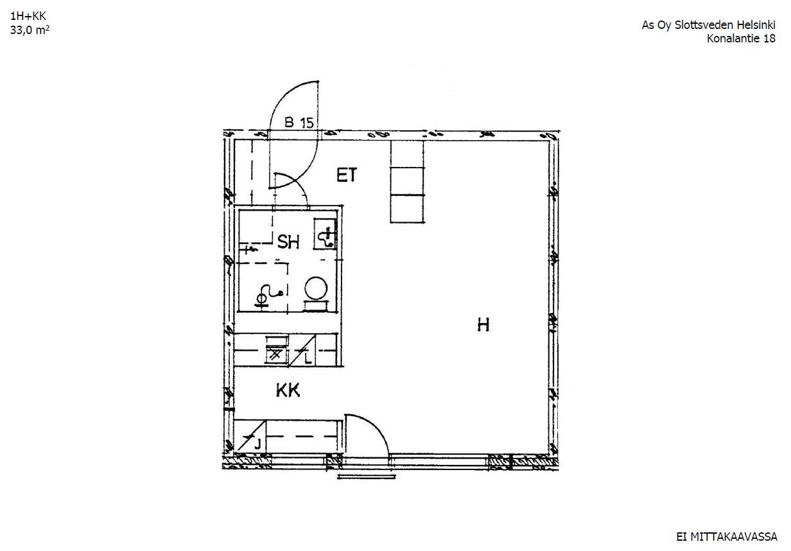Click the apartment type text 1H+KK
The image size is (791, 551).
pyautogui.click(x=28, y=16)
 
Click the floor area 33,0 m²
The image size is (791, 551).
pyautogui.click(x=30, y=30)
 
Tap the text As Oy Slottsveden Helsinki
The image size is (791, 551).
pyautogui.click(x=708, y=25)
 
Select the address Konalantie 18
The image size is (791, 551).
pyautogui.click(x=741, y=38)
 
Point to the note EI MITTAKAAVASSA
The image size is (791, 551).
pyautogui.click(x=727, y=536)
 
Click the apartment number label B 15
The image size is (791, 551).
pyautogui.click(x=299, y=123)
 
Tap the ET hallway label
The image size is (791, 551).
pyautogui.click(x=347, y=175)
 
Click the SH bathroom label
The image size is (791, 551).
pyautogui.click(x=288, y=242)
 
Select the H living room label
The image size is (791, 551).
pyautogui.click(x=483, y=325)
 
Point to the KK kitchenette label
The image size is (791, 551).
pyautogui.click(x=288, y=391)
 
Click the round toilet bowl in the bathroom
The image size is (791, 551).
pyautogui.click(x=316, y=288)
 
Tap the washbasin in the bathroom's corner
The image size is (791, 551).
pyautogui.click(x=326, y=234)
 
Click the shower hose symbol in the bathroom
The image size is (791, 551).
pyautogui.click(x=268, y=294)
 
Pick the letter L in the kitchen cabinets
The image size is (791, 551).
pyautogui.click(x=308, y=358)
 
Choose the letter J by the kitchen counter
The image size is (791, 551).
pyautogui.click(x=257, y=444)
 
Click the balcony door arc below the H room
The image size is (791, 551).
pyautogui.click(x=375, y=428)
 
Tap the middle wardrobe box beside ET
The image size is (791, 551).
pyautogui.click(x=407, y=181)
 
